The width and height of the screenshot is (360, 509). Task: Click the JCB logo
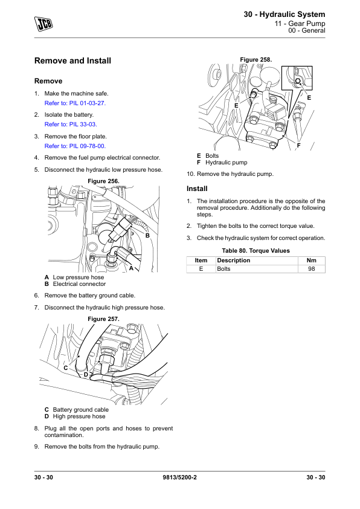pyautogui.click(x=43, y=24)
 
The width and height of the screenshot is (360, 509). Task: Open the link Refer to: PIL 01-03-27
pyautogui.click(x=75, y=103)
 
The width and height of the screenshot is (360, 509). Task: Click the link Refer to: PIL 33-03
pyautogui.click(x=71, y=125)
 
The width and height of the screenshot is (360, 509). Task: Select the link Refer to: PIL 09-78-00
pyautogui.click(x=75, y=146)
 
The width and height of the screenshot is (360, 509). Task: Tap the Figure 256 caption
pyautogui.click(x=103, y=181)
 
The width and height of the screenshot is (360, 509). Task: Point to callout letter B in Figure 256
pyautogui.click(x=147, y=235)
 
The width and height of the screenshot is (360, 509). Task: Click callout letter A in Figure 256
pyautogui.click(x=131, y=268)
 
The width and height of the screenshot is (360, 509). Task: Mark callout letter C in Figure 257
pyautogui.click(x=65, y=368)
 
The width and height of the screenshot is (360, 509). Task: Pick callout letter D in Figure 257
pyautogui.click(x=86, y=375)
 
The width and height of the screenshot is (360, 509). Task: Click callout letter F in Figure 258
pyautogui.click(x=299, y=146)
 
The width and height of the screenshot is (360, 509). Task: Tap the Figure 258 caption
pyautogui.click(x=256, y=60)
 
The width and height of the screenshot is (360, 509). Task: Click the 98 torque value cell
pyautogui.click(x=311, y=269)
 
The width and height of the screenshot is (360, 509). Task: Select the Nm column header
pyautogui.click(x=311, y=261)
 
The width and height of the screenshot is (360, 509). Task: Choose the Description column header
pyautogui.click(x=234, y=261)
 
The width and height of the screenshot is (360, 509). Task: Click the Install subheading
pyautogui.click(x=197, y=189)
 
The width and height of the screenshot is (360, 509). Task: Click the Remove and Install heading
pyautogui.click(x=72, y=60)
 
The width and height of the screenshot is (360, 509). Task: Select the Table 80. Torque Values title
pyautogui.click(x=256, y=251)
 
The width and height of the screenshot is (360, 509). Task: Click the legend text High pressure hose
pyautogui.click(x=79, y=417)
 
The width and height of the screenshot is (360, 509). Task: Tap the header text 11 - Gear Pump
pyautogui.click(x=300, y=24)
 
